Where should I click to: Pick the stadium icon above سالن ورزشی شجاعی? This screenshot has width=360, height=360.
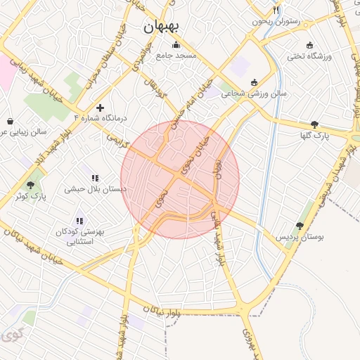click(254, 82)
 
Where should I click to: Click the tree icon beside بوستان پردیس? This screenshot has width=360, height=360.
click(300, 226)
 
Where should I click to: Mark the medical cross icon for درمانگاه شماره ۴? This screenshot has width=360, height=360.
click(101, 108)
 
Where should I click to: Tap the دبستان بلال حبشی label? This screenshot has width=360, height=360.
click(95, 188)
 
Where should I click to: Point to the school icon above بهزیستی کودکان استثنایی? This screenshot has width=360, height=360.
click(79, 220)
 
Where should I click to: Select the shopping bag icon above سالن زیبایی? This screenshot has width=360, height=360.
click(10, 121)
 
